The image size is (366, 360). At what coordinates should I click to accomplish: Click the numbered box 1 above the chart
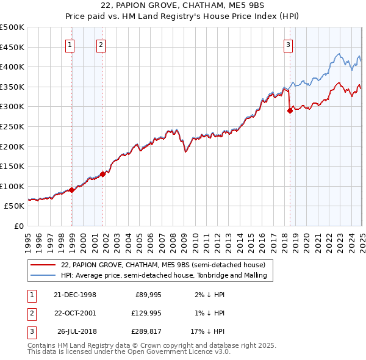point(70,44)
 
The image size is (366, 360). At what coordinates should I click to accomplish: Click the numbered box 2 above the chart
point(101,44)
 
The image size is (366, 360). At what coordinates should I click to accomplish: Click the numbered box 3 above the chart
point(288,44)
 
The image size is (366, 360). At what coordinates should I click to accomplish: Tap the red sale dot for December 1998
point(72,190)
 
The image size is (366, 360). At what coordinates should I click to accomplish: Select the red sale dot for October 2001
point(103,174)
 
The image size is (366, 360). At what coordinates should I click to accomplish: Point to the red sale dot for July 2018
point(290,110)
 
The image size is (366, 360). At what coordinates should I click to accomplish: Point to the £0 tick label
point(20,226)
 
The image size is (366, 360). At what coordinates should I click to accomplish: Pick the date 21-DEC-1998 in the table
point(74,295)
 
